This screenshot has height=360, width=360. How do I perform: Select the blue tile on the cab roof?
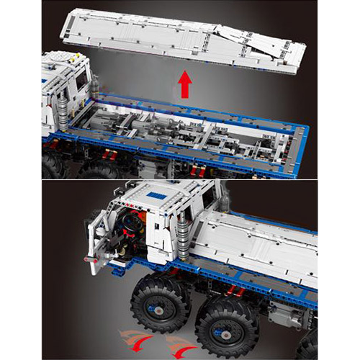[x=155, y=195]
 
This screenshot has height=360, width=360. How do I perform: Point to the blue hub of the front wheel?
[x=154, y=305]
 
